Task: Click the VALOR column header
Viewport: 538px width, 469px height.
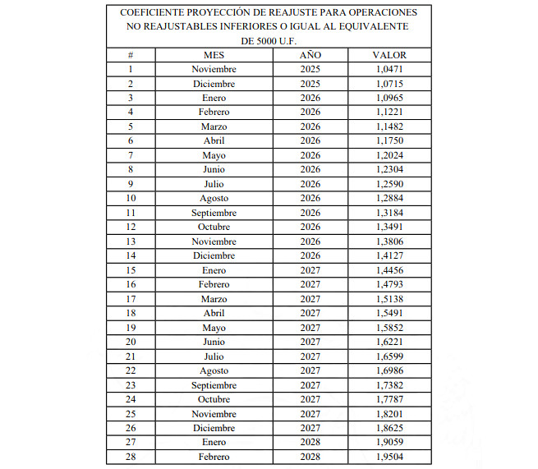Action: pyautogui.click(x=389, y=55)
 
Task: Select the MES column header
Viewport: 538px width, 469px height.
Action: pyautogui.click(x=214, y=55)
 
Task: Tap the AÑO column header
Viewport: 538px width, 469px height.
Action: pyautogui.click(x=310, y=55)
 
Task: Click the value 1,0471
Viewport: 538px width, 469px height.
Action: pyautogui.click(x=389, y=69)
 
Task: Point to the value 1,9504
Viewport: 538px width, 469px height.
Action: pyautogui.click(x=389, y=458)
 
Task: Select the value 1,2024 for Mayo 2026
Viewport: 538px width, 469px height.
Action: pyautogui.click(x=389, y=155)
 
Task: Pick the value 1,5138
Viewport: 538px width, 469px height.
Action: pyautogui.click(x=389, y=299)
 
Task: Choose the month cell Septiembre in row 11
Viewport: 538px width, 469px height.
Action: pyautogui.click(x=214, y=213)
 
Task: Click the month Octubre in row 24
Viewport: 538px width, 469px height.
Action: pyautogui.click(x=214, y=400)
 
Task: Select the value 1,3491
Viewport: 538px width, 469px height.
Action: pyautogui.click(x=389, y=228)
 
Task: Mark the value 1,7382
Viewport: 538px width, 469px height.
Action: pyautogui.click(x=389, y=385)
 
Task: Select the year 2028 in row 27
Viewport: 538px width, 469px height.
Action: pyautogui.click(x=310, y=443)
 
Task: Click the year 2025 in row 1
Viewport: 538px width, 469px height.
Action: pyautogui.click(x=310, y=69)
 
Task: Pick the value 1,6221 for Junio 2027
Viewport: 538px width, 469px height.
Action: pyautogui.click(x=389, y=343)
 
